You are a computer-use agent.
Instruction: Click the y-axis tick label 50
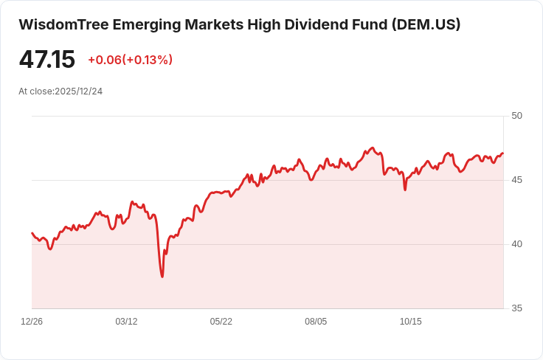517,116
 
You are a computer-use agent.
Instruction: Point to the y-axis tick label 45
517,180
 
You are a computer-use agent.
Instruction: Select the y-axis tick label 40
517,244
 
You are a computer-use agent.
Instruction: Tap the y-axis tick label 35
517,308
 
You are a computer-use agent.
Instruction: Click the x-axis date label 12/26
32,322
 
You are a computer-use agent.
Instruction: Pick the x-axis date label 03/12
126,322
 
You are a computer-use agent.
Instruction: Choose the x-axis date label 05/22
221,322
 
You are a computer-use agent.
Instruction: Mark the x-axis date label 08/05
316,322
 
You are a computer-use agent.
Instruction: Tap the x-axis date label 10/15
410,322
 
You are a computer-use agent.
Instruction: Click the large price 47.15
46,60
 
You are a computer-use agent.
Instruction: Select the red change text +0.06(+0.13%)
130,60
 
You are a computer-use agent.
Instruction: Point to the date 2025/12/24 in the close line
79,91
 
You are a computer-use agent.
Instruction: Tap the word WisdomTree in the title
63,24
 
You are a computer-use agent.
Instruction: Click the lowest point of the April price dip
162,277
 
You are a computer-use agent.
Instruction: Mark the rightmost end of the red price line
503,153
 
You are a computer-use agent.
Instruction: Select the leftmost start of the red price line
32,232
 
